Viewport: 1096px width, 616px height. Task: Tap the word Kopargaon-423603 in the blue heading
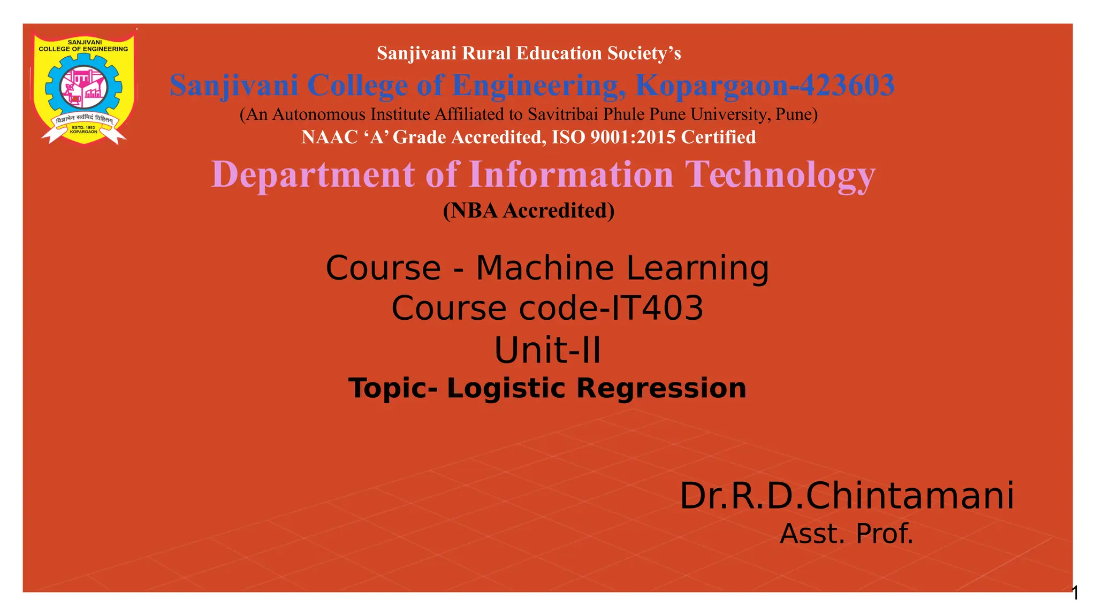(765, 86)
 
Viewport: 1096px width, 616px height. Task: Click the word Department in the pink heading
(313, 174)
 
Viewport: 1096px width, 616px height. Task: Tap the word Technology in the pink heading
(780, 174)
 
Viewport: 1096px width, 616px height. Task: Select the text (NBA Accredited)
(529, 211)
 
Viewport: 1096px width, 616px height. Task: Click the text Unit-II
(547, 350)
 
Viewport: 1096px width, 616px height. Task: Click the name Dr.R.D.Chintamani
(847, 496)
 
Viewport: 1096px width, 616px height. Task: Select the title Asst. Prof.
(847, 534)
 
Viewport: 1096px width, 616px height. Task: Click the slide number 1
(1075, 593)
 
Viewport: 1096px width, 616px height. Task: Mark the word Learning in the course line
(697, 268)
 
